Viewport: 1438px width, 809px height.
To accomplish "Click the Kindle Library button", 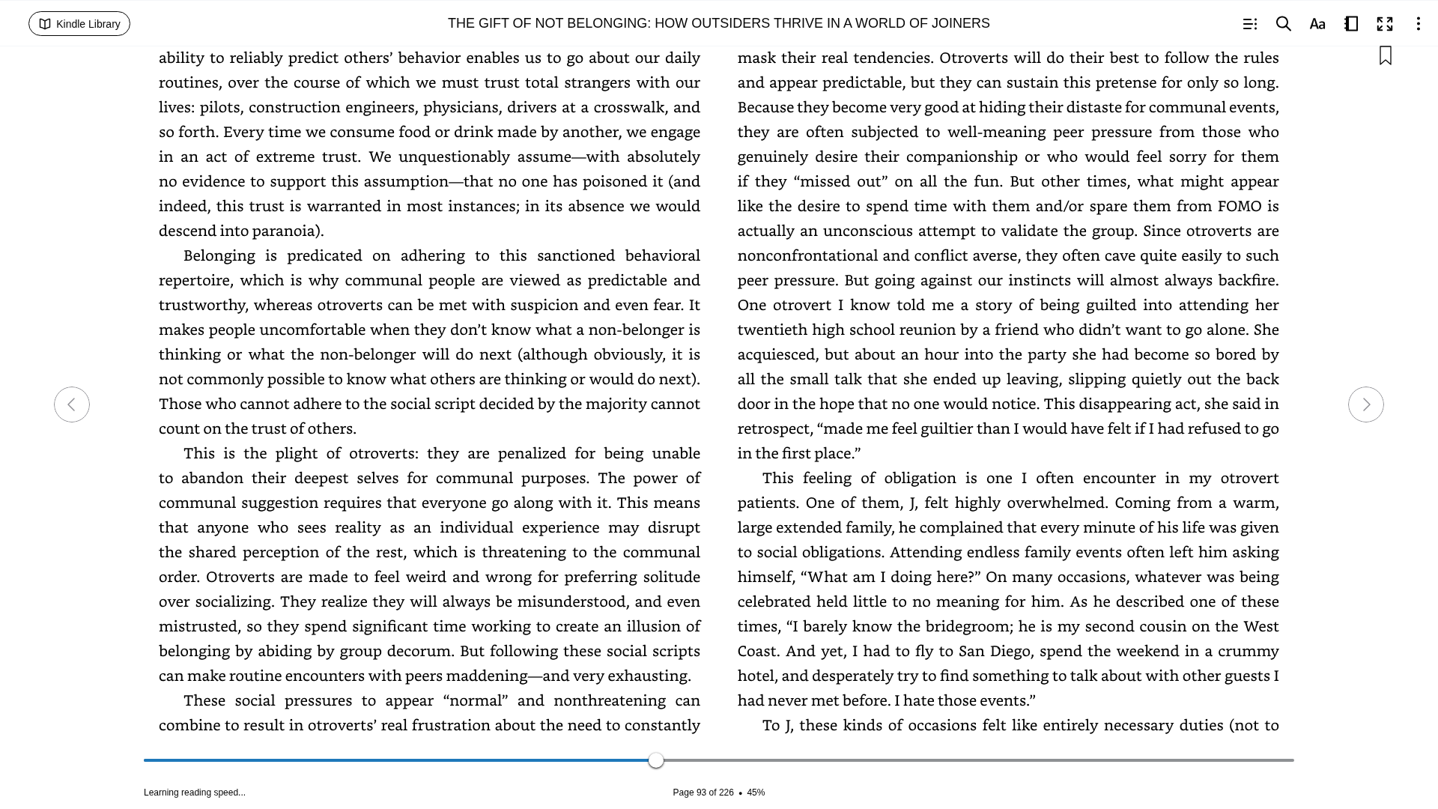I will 79,24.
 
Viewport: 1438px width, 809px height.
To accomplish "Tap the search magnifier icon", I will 1284,24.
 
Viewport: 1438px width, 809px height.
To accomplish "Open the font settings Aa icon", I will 1317,24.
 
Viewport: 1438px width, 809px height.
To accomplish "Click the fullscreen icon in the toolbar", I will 1385,24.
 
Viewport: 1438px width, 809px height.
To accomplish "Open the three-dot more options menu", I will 1418,24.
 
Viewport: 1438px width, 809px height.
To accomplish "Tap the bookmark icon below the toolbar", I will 1386,56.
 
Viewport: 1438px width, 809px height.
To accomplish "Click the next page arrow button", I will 1365,404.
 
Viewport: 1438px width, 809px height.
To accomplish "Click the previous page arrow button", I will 72,404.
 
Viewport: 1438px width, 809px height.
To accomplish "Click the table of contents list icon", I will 1249,24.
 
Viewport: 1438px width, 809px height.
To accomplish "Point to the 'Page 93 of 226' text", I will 703,793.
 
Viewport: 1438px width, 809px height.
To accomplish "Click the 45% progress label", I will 756,793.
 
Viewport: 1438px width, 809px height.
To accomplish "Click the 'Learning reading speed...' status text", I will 195,793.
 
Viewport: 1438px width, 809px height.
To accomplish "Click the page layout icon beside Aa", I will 1351,24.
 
